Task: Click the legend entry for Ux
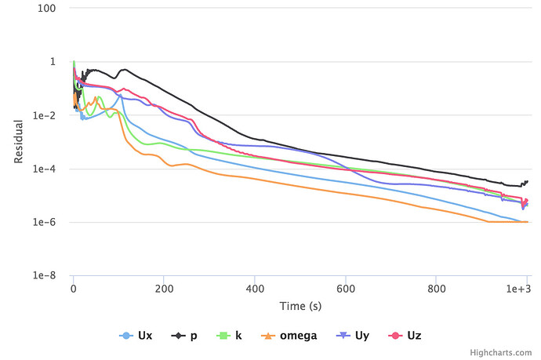(x=136, y=336)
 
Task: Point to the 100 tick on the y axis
(x=47, y=9)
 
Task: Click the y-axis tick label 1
(x=53, y=62)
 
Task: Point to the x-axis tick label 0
(x=73, y=289)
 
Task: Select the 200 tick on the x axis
(x=163, y=289)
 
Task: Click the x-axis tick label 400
(x=254, y=289)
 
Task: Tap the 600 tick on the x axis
(x=345, y=289)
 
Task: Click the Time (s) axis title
(x=300, y=305)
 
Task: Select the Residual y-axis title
(x=19, y=142)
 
